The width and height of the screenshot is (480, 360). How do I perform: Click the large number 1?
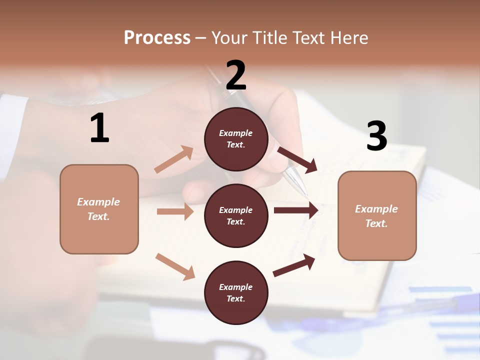tap(99, 128)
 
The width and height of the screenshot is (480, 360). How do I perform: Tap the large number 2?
tap(236, 75)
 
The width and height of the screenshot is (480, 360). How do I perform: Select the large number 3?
tap(376, 136)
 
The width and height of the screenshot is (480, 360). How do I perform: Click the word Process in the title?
tap(157, 37)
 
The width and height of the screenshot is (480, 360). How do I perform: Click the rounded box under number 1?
tap(99, 209)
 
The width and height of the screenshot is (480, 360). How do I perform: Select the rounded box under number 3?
tap(377, 215)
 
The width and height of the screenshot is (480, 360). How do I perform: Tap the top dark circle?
tap(236, 138)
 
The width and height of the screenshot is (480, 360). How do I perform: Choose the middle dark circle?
tap(236, 215)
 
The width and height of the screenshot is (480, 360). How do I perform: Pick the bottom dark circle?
tap(236, 292)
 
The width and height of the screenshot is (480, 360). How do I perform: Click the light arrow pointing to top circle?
tap(173, 159)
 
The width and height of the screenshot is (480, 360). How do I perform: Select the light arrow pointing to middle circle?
tap(175, 211)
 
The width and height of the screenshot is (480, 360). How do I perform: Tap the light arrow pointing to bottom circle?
tap(175, 266)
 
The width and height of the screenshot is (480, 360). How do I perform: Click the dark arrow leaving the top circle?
tap(297, 159)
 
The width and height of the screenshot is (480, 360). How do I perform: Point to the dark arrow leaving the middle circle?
tap(295, 210)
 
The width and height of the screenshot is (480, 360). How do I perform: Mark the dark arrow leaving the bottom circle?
tap(294, 265)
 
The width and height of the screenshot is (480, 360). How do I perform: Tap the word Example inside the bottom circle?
tap(236, 287)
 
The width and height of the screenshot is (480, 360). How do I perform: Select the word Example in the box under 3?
tap(376, 209)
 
